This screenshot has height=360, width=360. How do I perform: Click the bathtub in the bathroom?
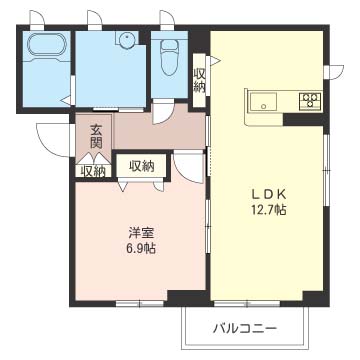(46, 46)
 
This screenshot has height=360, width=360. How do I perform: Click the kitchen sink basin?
(264, 102)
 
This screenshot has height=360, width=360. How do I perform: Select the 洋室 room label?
(142, 233)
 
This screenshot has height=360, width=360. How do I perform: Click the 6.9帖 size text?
(142, 249)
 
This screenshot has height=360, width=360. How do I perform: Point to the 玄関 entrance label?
(96, 136)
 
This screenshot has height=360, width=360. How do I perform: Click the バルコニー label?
(245, 329)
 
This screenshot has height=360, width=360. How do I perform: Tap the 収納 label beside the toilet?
(200, 80)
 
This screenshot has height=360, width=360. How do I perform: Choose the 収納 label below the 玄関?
(92, 171)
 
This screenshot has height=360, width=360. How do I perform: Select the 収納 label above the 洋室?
(142, 166)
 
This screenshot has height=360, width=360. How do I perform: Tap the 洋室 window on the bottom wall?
(140, 304)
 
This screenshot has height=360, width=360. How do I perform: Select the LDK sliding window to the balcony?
(247, 304)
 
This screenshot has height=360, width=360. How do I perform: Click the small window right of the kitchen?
(334, 72)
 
